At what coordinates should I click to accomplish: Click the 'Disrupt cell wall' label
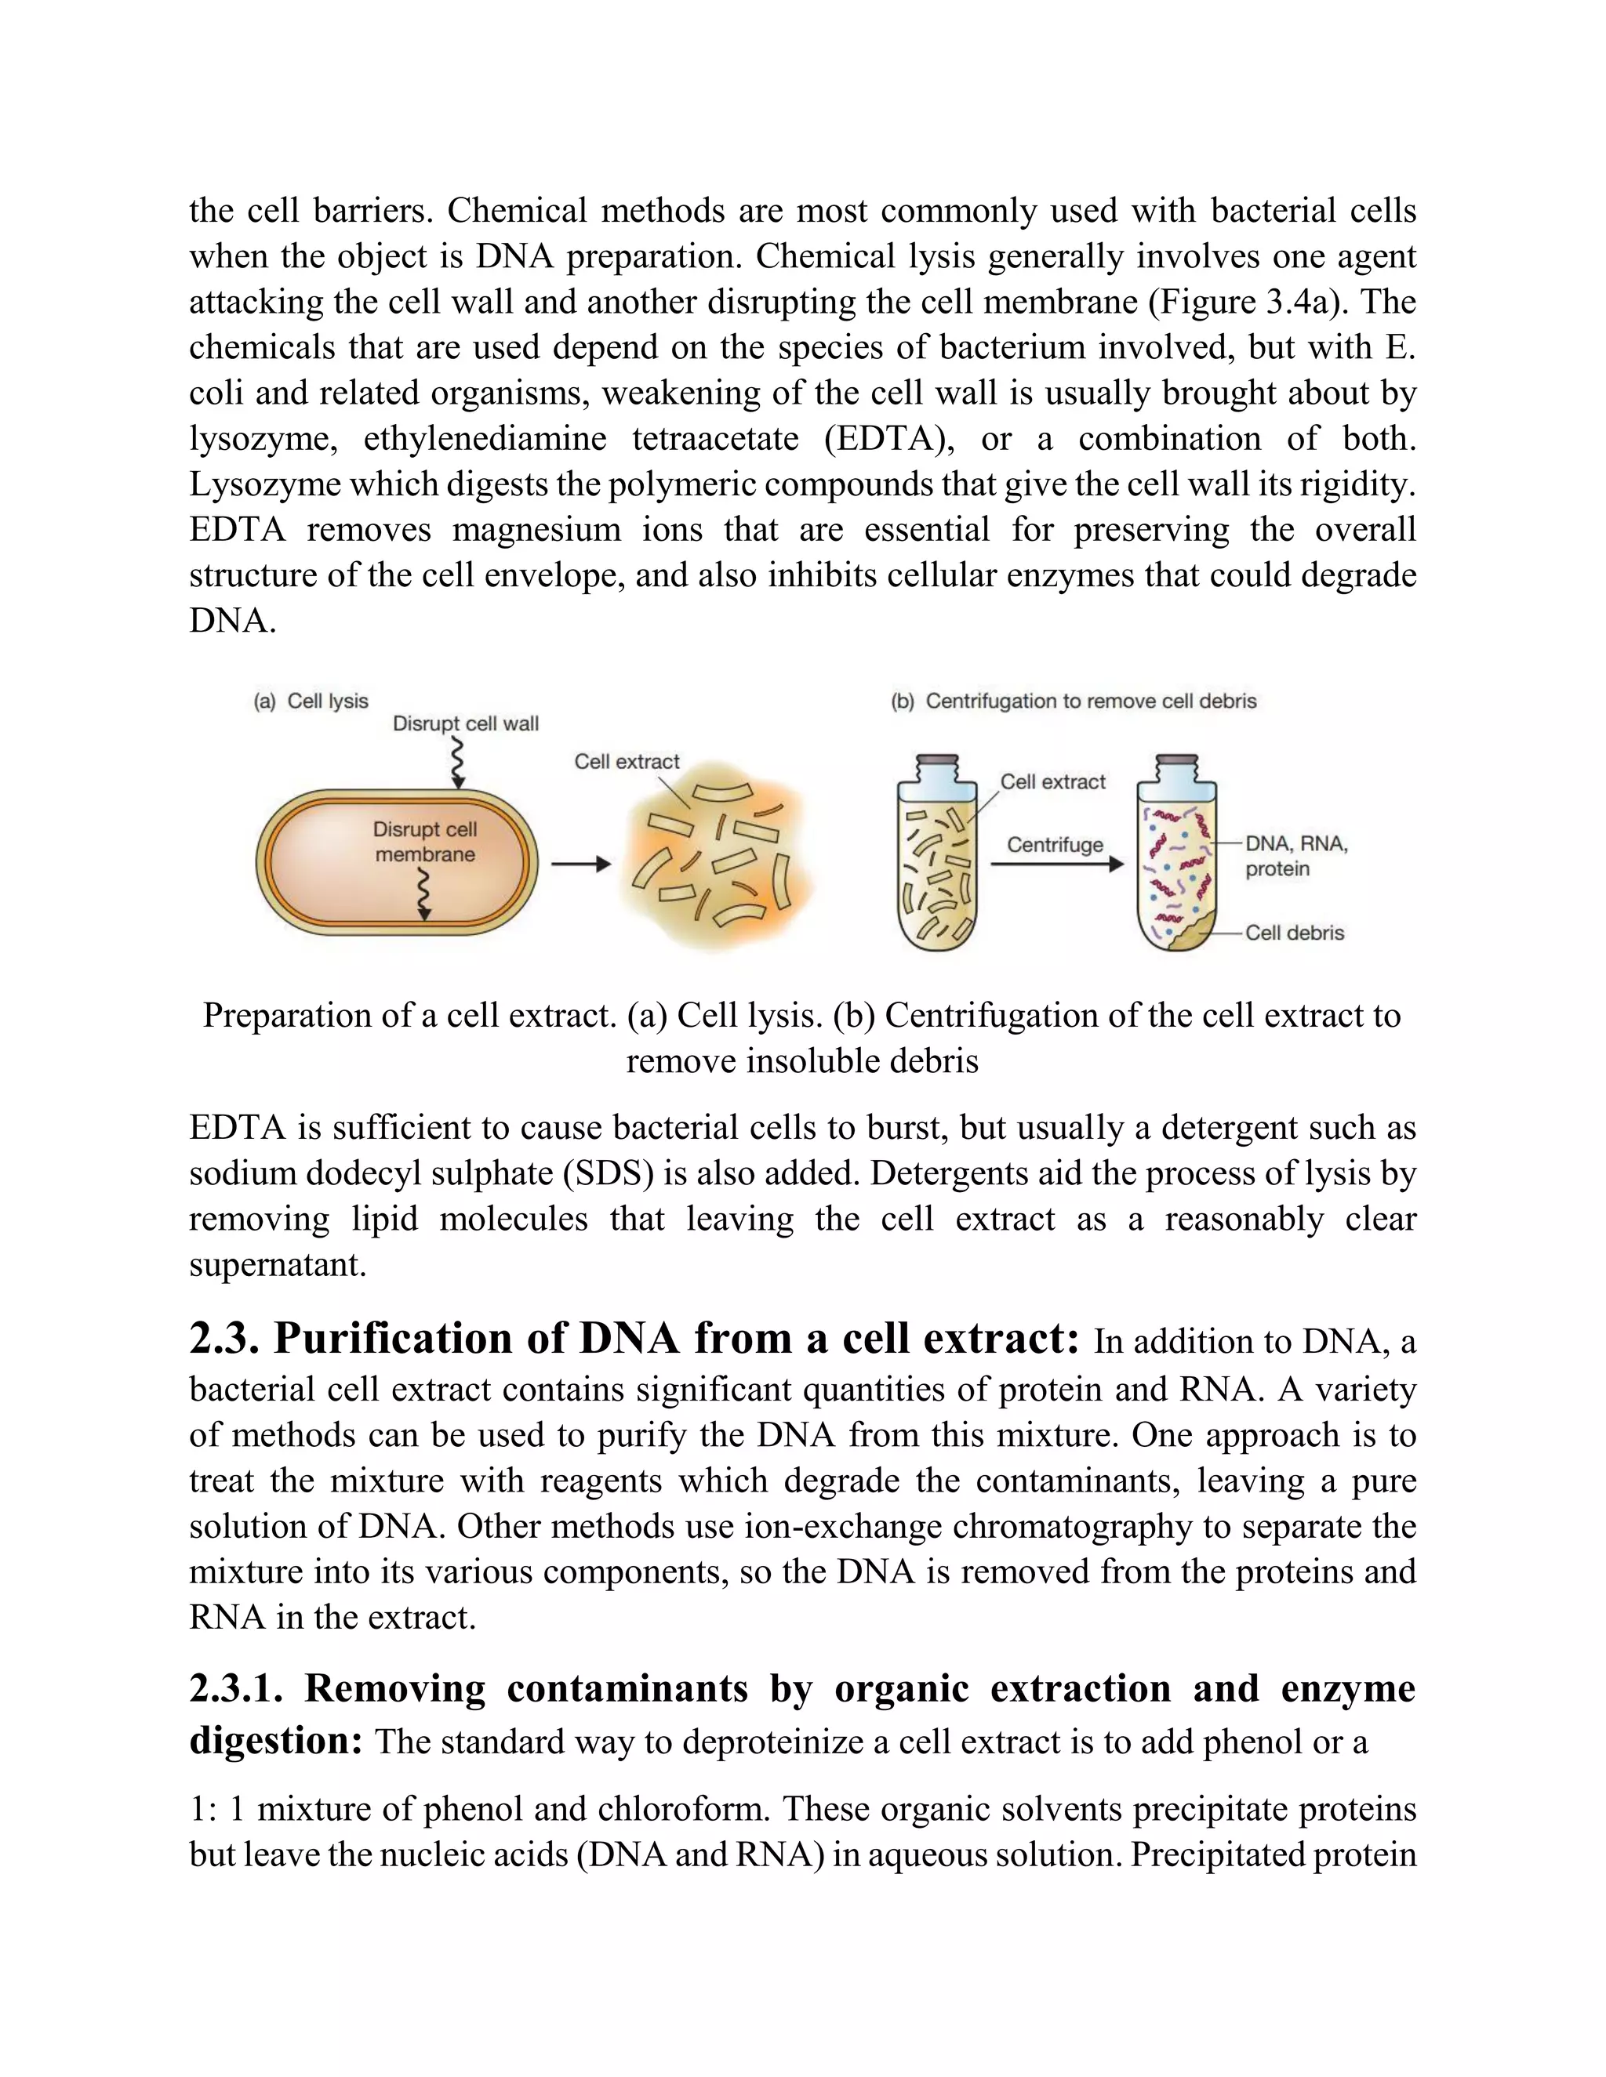point(465,723)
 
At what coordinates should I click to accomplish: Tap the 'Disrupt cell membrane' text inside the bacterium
point(424,842)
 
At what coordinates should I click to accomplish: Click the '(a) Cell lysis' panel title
point(311,701)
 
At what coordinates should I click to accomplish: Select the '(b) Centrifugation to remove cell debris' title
point(1074,701)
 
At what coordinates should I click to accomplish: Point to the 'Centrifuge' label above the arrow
point(1054,844)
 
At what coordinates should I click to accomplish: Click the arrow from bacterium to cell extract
point(580,865)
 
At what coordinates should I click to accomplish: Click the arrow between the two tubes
point(1056,865)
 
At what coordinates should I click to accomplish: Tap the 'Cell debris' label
point(1294,933)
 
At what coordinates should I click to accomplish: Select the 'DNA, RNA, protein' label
point(1295,856)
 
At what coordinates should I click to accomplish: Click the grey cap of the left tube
point(936,759)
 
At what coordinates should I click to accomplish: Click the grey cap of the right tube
point(1176,759)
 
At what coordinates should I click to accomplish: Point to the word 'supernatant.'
point(277,1265)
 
